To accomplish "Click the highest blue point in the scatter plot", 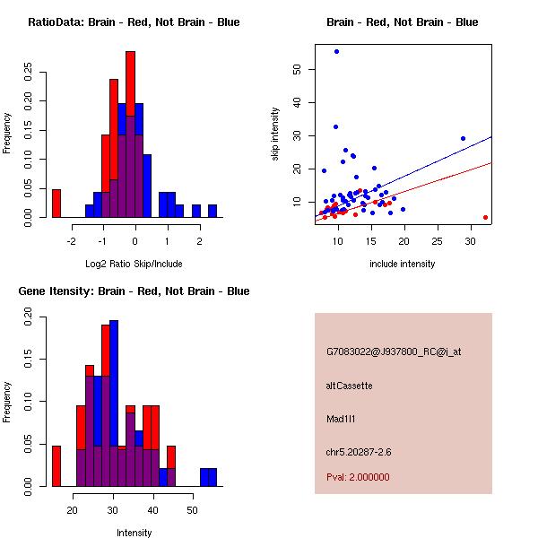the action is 336,51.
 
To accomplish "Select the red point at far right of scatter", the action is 485,217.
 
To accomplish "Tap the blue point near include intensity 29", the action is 463,139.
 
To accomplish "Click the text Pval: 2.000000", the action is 358,477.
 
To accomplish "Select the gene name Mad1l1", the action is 341,419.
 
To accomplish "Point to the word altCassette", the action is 349,386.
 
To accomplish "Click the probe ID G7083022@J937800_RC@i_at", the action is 394,352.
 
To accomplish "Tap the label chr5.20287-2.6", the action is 359,452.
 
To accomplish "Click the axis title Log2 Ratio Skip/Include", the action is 134,264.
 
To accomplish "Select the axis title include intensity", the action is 402,264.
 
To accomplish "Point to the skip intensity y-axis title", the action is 275,134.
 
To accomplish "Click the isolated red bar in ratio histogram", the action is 56,204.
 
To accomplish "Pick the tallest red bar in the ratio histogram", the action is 130,83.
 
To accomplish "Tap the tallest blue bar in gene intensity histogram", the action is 114,403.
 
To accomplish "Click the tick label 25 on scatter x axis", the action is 438,241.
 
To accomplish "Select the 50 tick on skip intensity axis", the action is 297,69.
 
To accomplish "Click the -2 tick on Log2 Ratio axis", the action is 71,241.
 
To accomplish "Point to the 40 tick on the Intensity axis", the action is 153,510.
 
